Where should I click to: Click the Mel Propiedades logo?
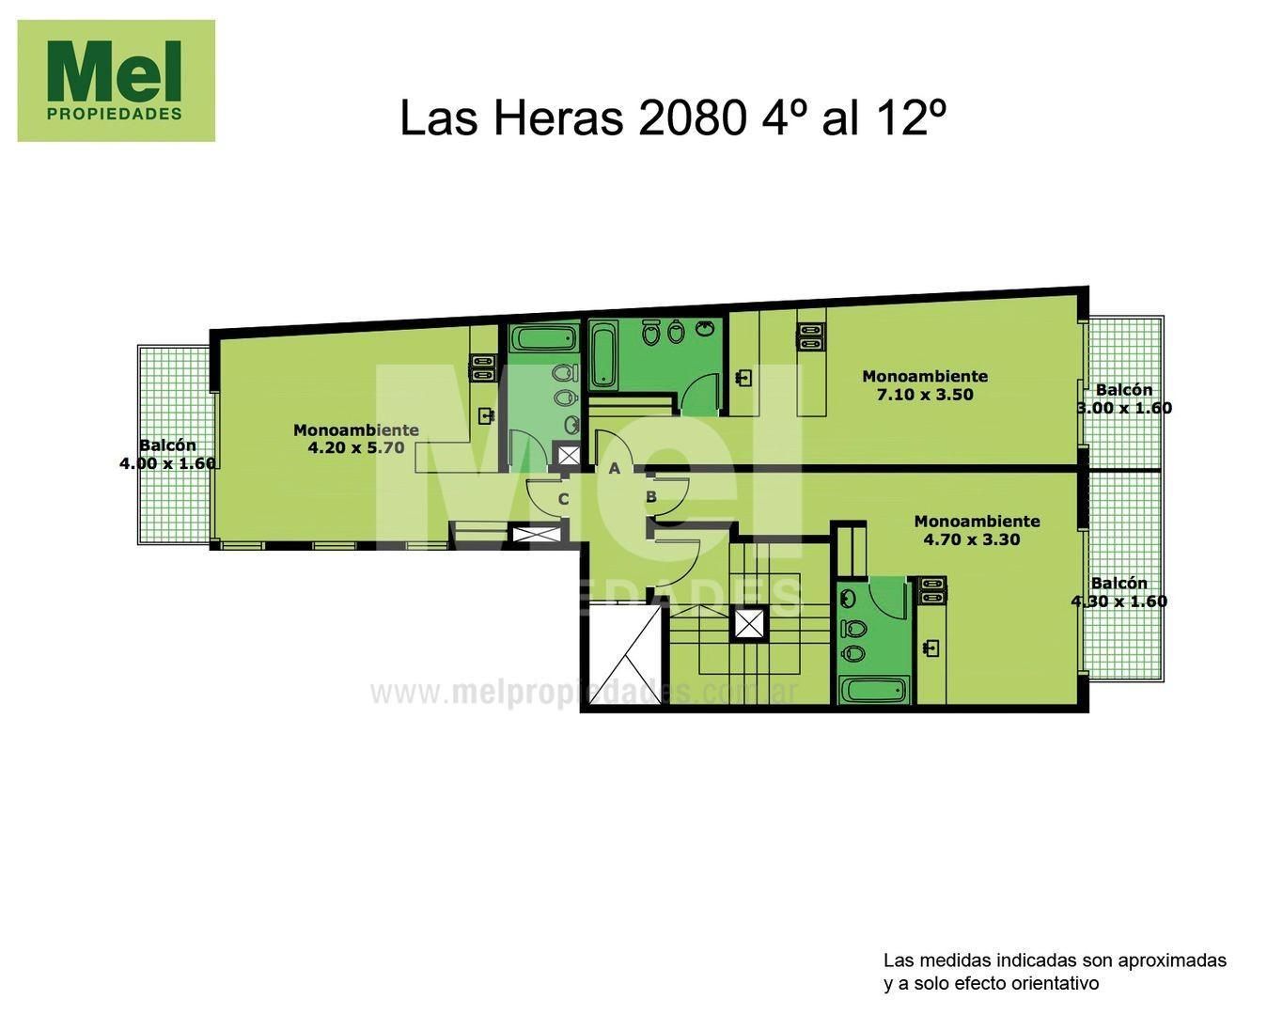pos(116,81)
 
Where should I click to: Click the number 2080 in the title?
pos(690,117)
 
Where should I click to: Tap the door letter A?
pos(614,469)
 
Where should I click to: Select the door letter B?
pos(651,497)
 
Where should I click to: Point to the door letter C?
pos(563,499)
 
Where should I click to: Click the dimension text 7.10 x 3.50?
pos(925,395)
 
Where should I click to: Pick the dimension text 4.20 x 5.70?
pos(356,447)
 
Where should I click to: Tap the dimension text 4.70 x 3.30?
pos(972,539)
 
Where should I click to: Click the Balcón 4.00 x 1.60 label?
pos(168,454)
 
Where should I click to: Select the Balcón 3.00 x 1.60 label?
pos(1124,399)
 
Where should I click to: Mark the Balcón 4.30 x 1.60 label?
pos(1119,592)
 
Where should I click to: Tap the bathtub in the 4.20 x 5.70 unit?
pos(544,339)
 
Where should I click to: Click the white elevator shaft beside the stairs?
pos(625,654)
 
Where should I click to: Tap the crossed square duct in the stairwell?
pos(749,625)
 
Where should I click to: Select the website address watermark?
pos(584,694)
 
